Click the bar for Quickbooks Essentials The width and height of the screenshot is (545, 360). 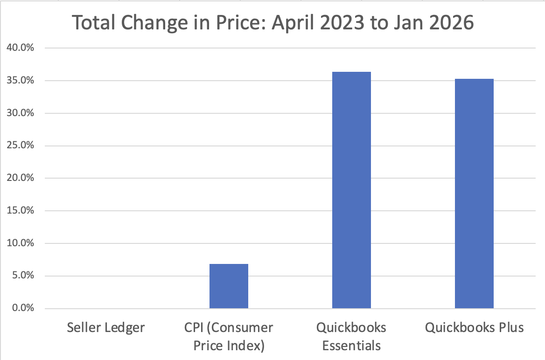[351, 190]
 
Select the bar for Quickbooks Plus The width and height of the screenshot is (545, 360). [474, 194]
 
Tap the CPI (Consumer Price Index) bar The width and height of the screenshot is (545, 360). [229, 286]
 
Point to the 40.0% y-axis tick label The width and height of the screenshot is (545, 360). [19, 48]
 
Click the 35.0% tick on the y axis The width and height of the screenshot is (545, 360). [19, 81]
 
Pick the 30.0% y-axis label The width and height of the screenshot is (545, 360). [19, 113]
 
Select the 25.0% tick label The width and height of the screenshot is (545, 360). [19, 145]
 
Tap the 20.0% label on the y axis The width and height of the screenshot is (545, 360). [19, 178]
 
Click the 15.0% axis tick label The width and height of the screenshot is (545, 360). [19, 211]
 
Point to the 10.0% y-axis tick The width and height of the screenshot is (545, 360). [19, 243]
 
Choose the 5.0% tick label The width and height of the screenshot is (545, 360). [21, 276]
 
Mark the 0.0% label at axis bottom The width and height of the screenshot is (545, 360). [21, 308]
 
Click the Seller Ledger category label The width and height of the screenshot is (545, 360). [106, 328]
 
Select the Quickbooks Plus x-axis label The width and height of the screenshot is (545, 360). [474, 328]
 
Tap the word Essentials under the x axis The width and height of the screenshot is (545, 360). [351, 346]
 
